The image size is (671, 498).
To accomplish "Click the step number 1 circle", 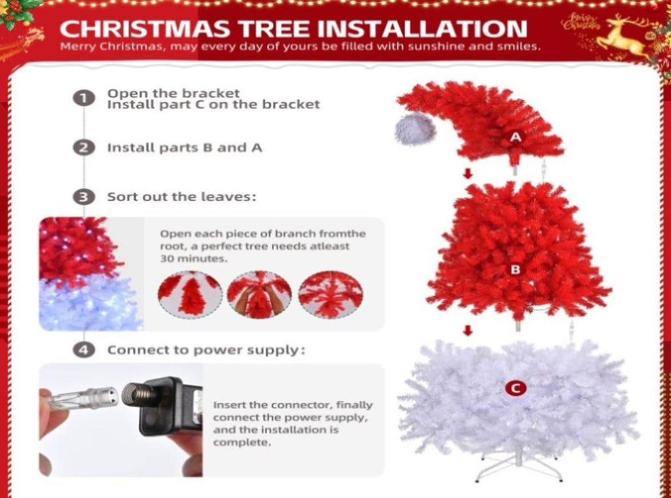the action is pos(84,98).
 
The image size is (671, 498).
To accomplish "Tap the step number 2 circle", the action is pos(84,148).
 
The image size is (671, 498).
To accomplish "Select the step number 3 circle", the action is pos(84,197).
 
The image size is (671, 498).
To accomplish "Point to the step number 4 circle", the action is pos(84,350).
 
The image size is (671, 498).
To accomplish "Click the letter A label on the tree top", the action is pos(516,137).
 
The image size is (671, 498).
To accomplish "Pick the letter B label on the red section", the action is pos(516,270).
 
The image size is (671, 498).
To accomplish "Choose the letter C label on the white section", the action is pos(516,389).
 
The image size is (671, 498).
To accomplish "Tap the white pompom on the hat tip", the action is pos(414,129).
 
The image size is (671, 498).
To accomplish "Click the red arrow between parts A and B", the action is pos(468,173).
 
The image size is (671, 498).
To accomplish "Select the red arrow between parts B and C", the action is pos(468,330).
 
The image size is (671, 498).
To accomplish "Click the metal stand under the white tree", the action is pos(518,465).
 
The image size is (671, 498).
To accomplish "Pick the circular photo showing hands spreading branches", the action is pos(259,294).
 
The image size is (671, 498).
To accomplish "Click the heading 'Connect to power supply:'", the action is pos(206,351).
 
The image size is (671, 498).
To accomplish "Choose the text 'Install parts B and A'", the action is pos(184,148).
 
